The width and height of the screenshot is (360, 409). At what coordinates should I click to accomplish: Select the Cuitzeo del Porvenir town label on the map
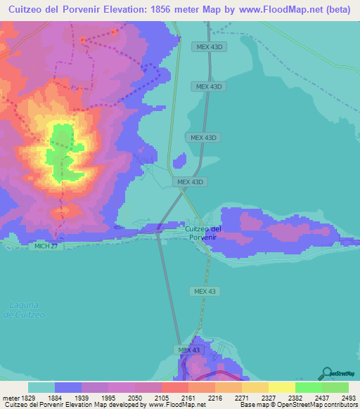[203, 233]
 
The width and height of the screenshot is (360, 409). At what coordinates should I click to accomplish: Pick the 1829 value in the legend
[30, 396]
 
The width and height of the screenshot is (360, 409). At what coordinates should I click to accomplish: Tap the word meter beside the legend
[10, 396]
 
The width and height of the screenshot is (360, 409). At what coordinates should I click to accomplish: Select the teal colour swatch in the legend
[41, 387]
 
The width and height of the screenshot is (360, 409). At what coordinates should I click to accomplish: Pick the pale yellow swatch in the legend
[281, 387]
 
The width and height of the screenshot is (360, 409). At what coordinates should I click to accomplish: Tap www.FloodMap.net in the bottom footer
[178, 405]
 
